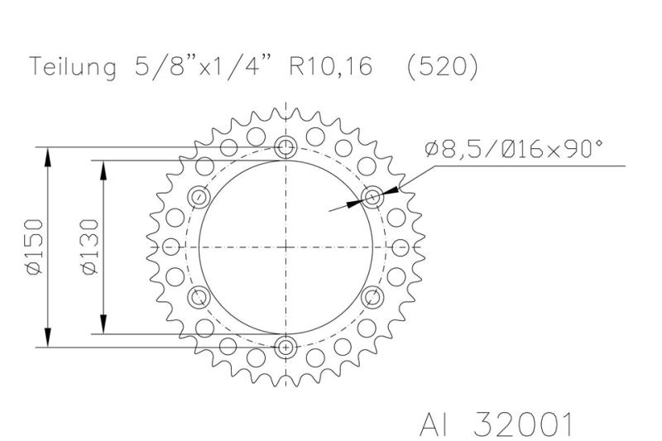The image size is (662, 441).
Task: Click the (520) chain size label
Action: tap(443, 68)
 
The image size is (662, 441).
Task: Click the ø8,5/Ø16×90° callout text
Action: tap(513, 149)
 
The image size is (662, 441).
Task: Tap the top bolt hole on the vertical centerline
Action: tap(286, 148)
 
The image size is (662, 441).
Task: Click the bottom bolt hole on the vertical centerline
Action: tap(286, 347)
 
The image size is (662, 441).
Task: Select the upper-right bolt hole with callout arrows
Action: tap(372, 197)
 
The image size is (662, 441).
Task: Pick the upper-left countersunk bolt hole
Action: tap(199, 197)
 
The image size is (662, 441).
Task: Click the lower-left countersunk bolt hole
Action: tap(199, 296)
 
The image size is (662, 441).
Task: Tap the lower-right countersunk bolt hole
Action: tap(372, 296)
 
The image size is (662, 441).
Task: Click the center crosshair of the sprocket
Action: tap(286, 247)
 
